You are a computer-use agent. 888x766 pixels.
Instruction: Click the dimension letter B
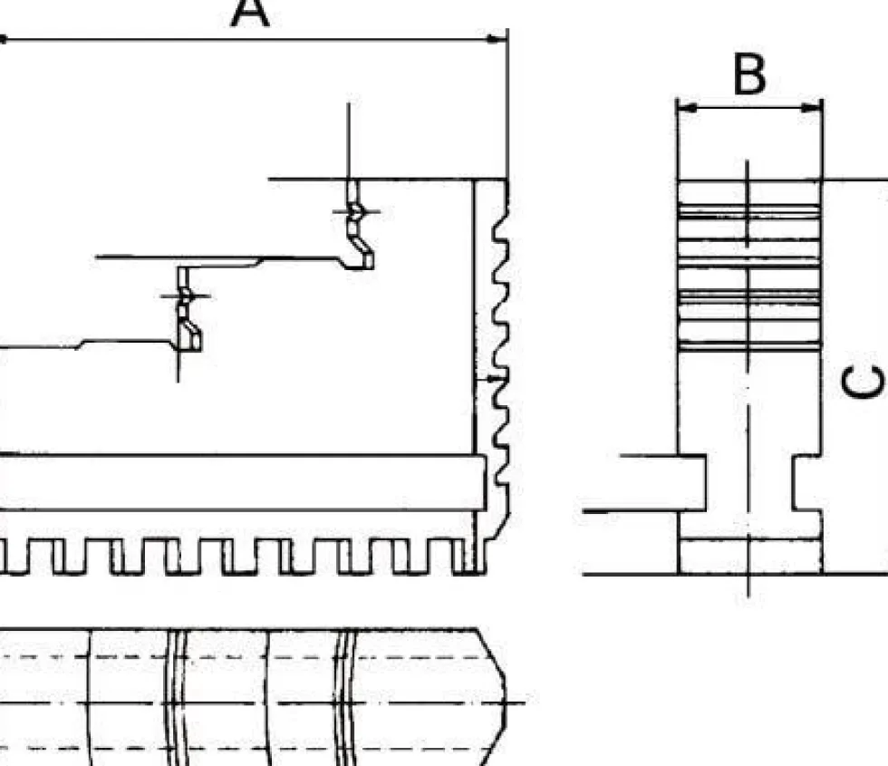pyautogui.click(x=750, y=74)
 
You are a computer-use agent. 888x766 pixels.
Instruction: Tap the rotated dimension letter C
pyautogui.click(x=863, y=382)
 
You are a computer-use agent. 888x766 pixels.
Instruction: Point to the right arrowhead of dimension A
pyautogui.click(x=497, y=39)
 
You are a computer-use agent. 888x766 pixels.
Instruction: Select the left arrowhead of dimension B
pyautogui.click(x=688, y=107)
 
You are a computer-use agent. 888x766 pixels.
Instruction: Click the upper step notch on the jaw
pyautogui.click(x=360, y=226)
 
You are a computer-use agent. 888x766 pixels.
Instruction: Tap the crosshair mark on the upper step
pyautogui.click(x=356, y=212)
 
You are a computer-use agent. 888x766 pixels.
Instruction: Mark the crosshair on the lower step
pyautogui.click(x=185, y=296)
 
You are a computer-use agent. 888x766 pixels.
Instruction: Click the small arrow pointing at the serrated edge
pyautogui.click(x=489, y=377)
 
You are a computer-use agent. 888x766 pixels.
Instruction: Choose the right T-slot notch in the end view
pyautogui.click(x=807, y=482)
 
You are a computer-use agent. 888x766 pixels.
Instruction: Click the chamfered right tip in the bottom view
pyautogui.click(x=493, y=697)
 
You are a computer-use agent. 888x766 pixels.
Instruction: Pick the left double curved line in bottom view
pyautogui.click(x=178, y=697)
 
